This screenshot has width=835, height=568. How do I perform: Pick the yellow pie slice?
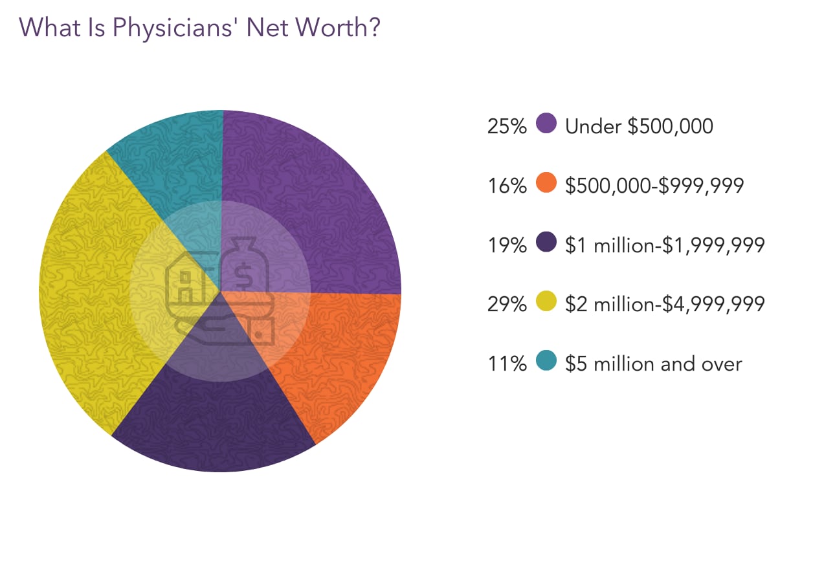(84, 291)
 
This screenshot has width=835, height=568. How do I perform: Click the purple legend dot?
(547, 124)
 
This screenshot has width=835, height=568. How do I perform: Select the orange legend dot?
(547, 184)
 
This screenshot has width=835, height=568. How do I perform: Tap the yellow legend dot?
(547, 303)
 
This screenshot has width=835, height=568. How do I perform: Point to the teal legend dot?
(547, 363)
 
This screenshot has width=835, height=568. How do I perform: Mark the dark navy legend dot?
(547, 243)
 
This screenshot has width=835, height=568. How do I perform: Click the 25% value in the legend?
(507, 126)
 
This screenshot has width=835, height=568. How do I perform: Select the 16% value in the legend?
(507, 186)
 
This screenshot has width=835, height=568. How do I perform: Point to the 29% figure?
(507, 305)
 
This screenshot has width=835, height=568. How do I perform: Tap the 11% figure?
(507, 365)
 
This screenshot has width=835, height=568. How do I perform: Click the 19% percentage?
(507, 245)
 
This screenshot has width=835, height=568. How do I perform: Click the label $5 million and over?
(653, 364)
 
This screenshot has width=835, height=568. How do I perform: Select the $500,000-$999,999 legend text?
(654, 186)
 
